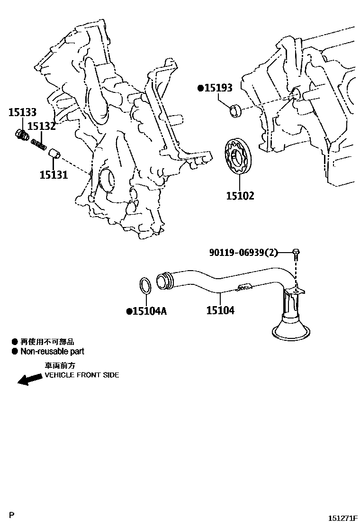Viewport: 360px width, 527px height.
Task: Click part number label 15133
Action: pyautogui.click(x=22, y=113)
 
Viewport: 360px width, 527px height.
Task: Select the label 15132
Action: pyautogui.click(x=41, y=126)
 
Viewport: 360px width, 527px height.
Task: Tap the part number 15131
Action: pyautogui.click(x=54, y=174)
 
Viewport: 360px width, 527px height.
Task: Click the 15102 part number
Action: pyautogui.click(x=240, y=195)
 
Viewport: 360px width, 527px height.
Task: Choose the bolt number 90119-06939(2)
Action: pyautogui.click(x=243, y=253)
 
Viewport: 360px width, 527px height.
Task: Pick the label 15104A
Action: pyautogui.click(x=149, y=311)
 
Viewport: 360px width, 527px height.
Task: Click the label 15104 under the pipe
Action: pyautogui.click(x=220, y=311)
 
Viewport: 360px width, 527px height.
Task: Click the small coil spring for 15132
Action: pyautogui.click(x=38, y=143)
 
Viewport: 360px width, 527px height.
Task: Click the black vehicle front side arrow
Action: pyautogui.click(x=28, y=380)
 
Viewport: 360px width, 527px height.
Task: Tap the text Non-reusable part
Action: pyautogui.click(x=52, y=352)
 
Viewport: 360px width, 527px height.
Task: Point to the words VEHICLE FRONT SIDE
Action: pyautogui.click(x=82, y=375)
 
